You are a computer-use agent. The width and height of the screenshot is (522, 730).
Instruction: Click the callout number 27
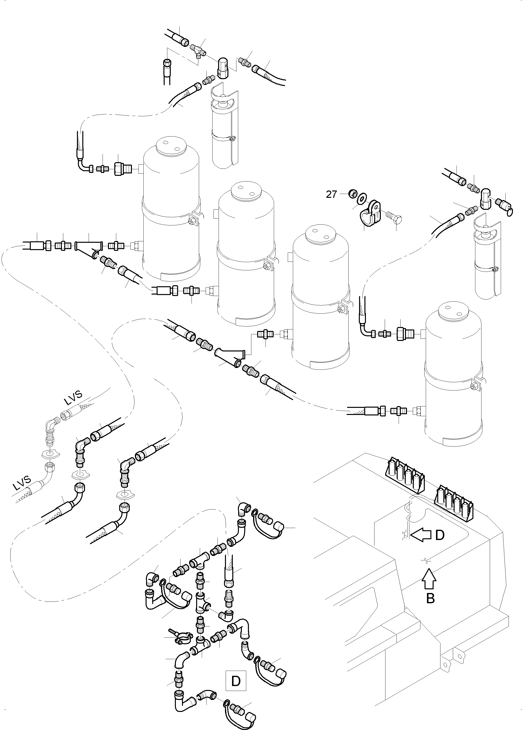pyautogui.click(x=331, y=194)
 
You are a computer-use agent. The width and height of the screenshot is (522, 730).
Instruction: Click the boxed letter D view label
pyautogui.click(x=236, y=681)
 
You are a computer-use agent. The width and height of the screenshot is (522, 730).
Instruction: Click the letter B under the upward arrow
pyautogui.click(x=430, y=599)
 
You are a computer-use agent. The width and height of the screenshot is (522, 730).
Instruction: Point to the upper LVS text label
pyautogui.click(x=73, y=398)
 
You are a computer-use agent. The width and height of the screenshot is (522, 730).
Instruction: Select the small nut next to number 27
pyautogui.click(x=353, y=194)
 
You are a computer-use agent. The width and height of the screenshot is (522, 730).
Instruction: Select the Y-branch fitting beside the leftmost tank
pyautogui.click(x=89, y=247)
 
